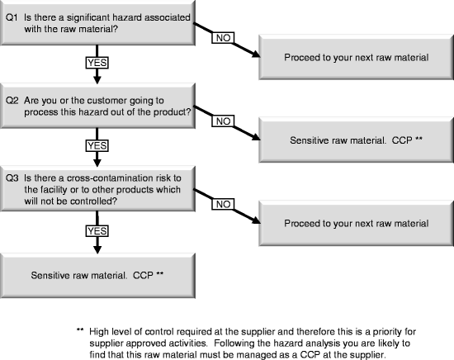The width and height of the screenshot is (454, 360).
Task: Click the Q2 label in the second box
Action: pos(12,101)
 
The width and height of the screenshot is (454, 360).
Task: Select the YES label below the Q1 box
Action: pos(97,63)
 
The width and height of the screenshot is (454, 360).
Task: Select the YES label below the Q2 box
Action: pos(97,145)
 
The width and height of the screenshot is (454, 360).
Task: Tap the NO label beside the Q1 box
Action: pos(223,38)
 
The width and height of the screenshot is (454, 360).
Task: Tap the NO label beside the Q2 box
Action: pos(222,121)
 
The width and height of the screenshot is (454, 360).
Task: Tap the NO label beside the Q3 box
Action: pos(222,203)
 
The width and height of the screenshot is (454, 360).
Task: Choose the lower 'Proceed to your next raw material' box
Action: pos(357,223)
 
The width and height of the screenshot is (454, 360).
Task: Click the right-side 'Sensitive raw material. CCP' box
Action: pos(357,140)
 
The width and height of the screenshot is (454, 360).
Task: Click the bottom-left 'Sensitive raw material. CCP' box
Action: pos(97,273)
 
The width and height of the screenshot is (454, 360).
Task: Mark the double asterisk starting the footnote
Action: pos(80,330)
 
